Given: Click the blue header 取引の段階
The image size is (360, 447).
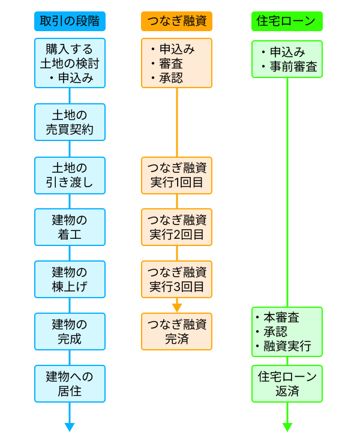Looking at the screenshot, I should (x=70, y=21).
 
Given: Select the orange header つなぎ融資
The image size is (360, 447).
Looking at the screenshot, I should (x=176, y=21).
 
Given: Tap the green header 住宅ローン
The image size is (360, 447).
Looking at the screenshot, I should (x=287, y=21).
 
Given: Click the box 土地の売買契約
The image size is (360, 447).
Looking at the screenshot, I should (x=70, y=122).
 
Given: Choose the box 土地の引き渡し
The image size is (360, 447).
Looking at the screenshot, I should (x=70, y=175).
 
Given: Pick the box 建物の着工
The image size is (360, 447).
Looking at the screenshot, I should (x=70, y=227).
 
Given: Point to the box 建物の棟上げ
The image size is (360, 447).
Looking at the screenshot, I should (x=70, y=279).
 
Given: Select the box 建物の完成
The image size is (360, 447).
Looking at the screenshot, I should (x=70, y=331).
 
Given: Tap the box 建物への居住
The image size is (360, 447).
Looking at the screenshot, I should (x=70, y=383).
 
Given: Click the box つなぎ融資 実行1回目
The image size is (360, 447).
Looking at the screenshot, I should (x=176, y=175).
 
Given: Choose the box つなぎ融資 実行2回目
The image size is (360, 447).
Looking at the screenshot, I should (x=176, y=227).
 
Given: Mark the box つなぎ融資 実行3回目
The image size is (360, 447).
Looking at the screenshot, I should (x=176, y=279).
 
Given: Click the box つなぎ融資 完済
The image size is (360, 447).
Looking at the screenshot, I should (x=176, y=331).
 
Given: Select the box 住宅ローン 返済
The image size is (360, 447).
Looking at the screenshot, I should (x=287, y=383).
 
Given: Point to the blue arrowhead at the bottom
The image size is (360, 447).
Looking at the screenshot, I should (x=70, y=427).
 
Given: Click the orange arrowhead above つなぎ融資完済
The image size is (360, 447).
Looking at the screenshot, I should (x=176, y=307).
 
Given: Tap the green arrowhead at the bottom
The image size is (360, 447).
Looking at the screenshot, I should (x=287, y=427).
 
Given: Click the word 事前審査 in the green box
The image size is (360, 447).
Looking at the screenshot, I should (x=293, y=67).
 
